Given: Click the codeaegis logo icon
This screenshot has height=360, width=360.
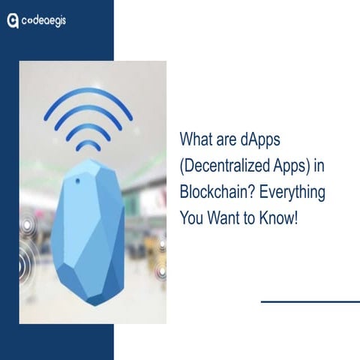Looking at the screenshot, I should pyautogui.click(x=13, y=21).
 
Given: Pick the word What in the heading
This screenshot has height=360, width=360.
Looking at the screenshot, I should pyautogui.click(x=197, y=140).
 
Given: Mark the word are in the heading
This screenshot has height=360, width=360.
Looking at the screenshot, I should pyautogui.click(x=230, y=140).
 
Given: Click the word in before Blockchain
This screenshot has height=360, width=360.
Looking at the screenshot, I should pyautogui.click(x=320, y=166).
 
